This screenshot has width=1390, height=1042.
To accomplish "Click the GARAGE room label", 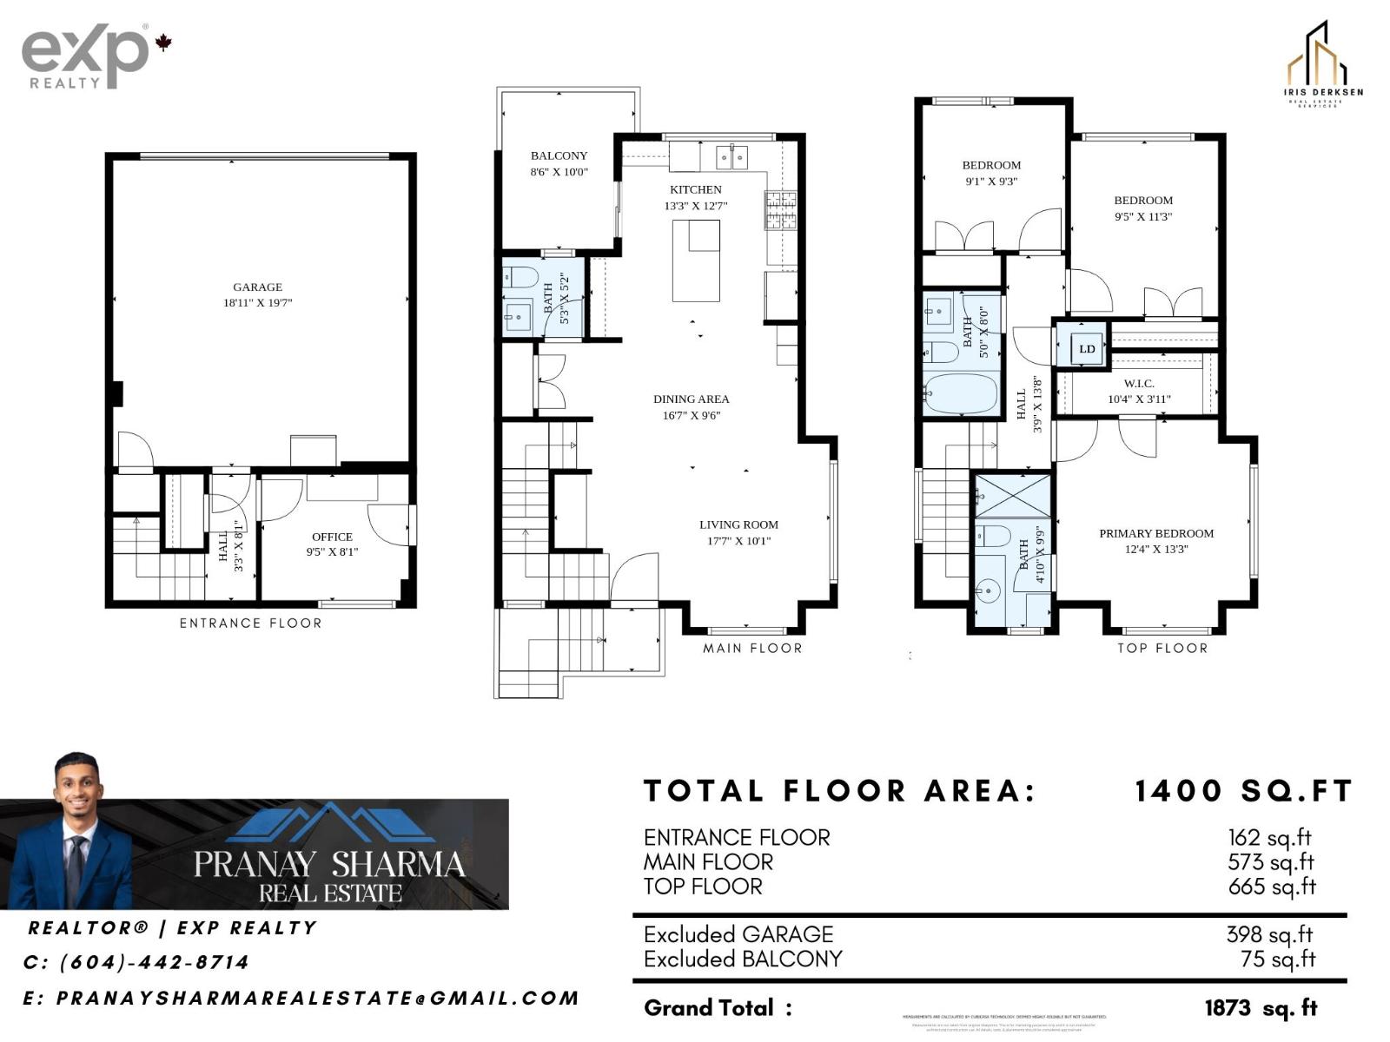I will click(257, 287).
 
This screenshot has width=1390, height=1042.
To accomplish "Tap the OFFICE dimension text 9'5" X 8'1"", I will click(332, 551).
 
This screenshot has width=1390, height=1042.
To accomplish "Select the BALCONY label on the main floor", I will click(559, 156).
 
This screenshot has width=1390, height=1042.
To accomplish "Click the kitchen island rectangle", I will click(696, 260).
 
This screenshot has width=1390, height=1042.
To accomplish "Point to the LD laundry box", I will click(1087, 349).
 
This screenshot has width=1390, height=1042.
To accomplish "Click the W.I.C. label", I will click(1138, 384).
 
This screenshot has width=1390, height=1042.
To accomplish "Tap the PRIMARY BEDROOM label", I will click(1156, 533).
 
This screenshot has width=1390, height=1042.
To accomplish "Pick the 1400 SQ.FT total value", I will click(1243, 791).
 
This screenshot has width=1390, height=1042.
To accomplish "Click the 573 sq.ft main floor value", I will click(1271, 862).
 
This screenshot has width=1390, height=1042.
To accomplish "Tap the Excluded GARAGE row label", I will click(738, 934).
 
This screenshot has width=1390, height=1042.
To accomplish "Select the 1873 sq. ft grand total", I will click(1261, 1008).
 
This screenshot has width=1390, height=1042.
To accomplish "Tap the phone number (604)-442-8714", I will click(154, 962).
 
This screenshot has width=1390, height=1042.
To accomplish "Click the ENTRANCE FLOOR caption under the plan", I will click(250, 623).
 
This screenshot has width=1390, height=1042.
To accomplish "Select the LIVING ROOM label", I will click(738, 524).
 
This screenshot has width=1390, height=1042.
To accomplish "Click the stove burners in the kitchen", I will click(779, 209).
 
